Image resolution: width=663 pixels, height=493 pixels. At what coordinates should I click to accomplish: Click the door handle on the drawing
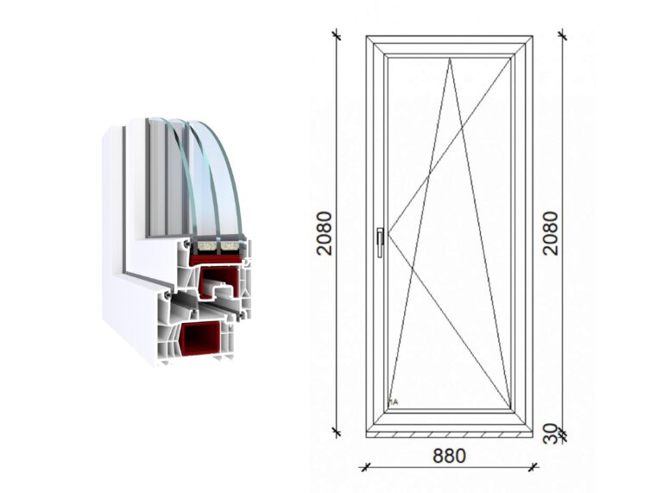pos(381,243)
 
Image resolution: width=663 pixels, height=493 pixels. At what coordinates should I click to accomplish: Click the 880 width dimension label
pos(449,456)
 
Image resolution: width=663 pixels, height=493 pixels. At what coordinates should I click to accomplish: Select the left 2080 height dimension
pos(325,233)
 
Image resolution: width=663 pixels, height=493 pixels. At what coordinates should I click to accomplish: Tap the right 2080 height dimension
pos(550,233)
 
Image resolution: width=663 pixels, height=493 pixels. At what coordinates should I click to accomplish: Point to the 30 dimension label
pos(550,433)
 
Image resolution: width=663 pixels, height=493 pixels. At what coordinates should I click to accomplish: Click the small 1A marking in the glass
pos(394,402)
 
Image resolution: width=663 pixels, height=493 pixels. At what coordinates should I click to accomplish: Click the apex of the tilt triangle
pos(450,59)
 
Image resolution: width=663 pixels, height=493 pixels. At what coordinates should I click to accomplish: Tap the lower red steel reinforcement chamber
pos(200,338)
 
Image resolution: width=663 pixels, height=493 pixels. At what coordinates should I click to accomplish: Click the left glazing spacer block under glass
pos(207,246)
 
